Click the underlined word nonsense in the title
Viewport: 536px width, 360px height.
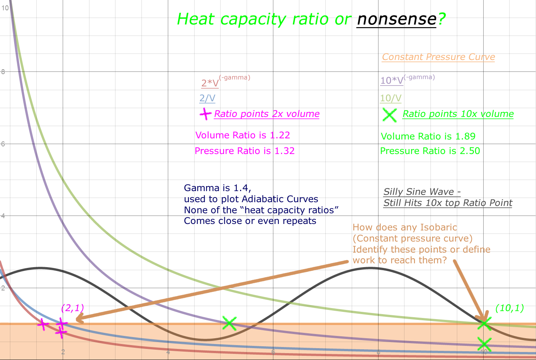pos(396,19)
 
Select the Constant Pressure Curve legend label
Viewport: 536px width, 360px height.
pos(438,57)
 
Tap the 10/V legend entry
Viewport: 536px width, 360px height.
pos(390,98)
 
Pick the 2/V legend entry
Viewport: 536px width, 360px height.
pos(207,98)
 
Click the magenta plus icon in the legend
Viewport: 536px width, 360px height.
pos(205,114)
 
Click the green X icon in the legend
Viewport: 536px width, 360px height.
pos(390,115)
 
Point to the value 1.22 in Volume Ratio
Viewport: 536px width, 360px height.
pos(280,135)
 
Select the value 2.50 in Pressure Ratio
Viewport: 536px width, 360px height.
pos(470,151)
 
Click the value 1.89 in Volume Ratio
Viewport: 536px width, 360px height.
pos(465,136)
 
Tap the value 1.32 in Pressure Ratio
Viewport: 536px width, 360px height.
pos(284,151)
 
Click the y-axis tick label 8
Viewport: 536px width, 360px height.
pos(3,72)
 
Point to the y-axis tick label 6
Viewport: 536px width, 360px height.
pos(3,144)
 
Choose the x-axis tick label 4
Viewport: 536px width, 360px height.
pos(168,352)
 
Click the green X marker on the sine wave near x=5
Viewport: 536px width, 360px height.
pos(229,323)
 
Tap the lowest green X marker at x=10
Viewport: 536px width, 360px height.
pos(484,343)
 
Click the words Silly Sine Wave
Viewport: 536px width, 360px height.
pos(419,192)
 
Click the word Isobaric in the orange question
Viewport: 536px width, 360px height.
pos(439,227)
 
